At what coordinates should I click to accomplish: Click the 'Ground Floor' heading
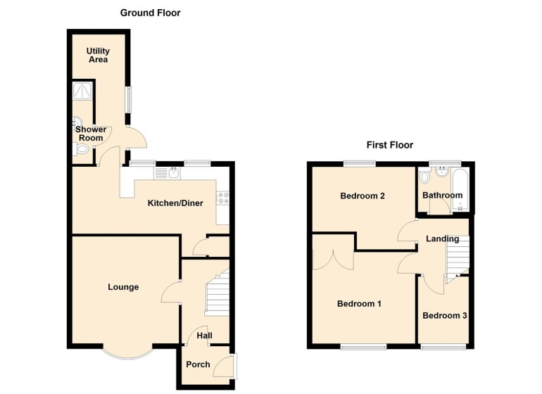pyautogui.click(x=150, y=13)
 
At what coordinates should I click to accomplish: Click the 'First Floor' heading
pyautogui.click(x=389, y=145)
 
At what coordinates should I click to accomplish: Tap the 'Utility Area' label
pyautogui.click(x=98, y=55)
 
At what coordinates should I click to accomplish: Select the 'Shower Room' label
pyautogui.click(x=91, y=134)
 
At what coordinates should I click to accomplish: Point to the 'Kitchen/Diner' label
pyautogui.click(x=175, y=203)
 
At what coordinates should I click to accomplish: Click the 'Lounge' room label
pyautogui.click(x=123, y=287)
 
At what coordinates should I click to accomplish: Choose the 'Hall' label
pyautogui.click(x=204, y=336)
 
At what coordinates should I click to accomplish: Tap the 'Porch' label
pyautogui.click(x=198, y=364)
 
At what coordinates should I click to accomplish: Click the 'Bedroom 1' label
pyautogui.click(x=359, y=304)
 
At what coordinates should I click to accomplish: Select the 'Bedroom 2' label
pyautogui.click(x=362, y=196)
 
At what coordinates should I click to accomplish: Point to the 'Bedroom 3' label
pyautogui.click(x=444, y=315)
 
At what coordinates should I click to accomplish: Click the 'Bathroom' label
pyautogui.click(x=442, y=195)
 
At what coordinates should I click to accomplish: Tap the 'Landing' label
pyautogui.click(x=442, y=239)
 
